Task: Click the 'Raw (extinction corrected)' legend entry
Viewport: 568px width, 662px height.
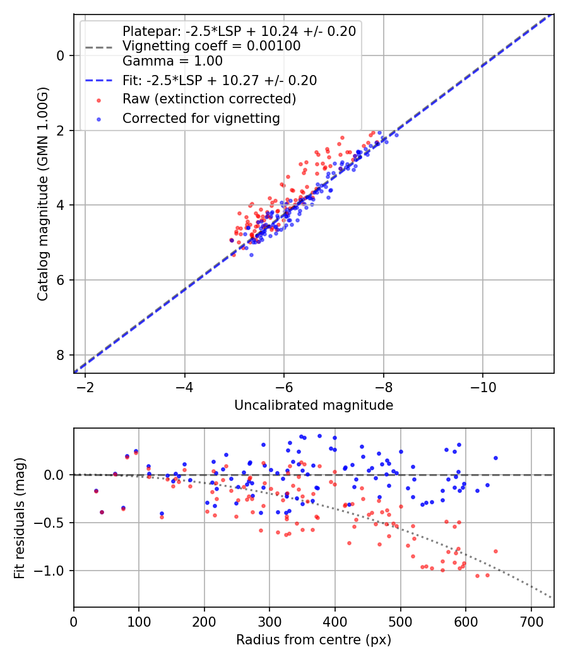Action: point(209,99)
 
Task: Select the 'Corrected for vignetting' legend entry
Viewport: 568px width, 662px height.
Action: point(201,118)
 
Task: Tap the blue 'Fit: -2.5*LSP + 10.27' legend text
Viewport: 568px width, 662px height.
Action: point(220,80)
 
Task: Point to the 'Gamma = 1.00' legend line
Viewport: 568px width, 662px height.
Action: point(172,61)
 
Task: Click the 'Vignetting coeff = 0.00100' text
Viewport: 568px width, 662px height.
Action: point(211,46)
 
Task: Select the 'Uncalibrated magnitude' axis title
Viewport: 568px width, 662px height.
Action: point(314,405)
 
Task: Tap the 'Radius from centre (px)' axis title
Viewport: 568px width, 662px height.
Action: point(314,640)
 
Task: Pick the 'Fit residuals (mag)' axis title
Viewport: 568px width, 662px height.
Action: point(20,517)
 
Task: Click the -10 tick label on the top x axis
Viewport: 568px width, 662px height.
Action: point(483,385)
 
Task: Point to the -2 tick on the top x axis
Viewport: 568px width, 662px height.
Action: point(85,385)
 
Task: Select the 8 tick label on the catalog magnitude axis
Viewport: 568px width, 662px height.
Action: point(61,355)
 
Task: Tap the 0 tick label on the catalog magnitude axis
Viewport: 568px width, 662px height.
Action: point(61,55)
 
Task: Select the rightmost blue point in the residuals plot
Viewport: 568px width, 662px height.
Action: point(495,458)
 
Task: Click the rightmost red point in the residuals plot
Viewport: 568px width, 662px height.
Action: point(495,551)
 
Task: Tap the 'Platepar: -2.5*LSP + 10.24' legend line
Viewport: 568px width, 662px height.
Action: point(239,31)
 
